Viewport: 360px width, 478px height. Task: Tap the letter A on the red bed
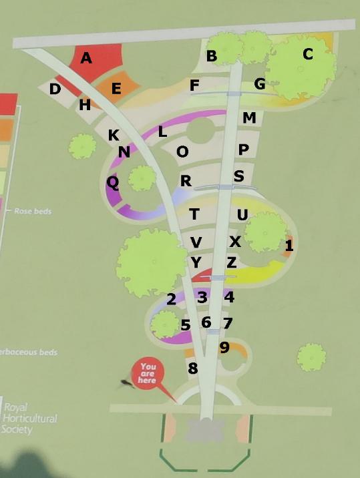coord(86,59)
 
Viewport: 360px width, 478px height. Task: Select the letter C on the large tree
coord(307,55)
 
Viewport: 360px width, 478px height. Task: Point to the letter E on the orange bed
coord(116,89)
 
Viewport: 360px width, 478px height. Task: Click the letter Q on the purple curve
coord(113,182)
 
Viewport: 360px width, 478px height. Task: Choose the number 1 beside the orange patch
coord(289,246)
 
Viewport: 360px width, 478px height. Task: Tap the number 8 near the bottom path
coord(193,368)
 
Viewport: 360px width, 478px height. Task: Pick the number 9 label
coord(224,347)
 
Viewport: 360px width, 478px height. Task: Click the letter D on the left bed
coord(55,89)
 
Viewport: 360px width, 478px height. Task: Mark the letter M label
coord(249,118)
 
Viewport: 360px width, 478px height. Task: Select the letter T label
coord(194,214)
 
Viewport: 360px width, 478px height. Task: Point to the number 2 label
coord(171,299)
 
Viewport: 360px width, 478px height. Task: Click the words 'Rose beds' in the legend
coord(33,211)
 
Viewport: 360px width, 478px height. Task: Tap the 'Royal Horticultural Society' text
coord(30,417)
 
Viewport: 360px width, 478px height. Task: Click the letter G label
coord(260,84)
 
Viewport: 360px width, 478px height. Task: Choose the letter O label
coord(182,152)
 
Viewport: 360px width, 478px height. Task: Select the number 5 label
coord(186,325)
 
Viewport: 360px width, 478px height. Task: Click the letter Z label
coord(231,262)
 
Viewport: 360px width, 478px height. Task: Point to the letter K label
coord(114,136)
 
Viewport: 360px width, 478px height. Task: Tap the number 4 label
coord(229,297)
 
